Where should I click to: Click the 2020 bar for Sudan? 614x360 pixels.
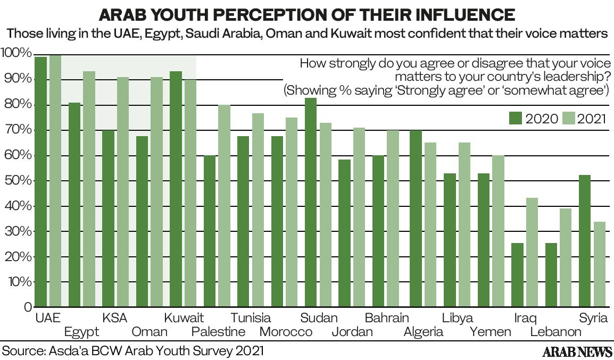[x=311, y=202]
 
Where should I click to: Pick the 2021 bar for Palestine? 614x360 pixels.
[x=224, y=205]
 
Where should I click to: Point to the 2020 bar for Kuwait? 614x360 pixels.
[x=176, y=189]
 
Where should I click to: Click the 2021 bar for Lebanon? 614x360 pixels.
[x=566, y=257]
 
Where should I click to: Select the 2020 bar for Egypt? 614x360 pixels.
[x=74, y=204]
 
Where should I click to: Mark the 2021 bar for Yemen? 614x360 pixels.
[x=498, y=231]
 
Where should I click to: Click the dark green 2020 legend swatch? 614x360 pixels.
[x=516, y=118]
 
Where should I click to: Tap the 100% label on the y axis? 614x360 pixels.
[x=16, y=53]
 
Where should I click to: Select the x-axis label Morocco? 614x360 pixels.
[x=286, y=332]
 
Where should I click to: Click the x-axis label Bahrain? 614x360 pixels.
[x=387, y=318]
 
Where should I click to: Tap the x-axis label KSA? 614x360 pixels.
[x=114, y=318]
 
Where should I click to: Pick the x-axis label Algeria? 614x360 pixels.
[x=424, y=332]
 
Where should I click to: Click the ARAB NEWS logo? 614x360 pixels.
[x=577, y=351]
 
